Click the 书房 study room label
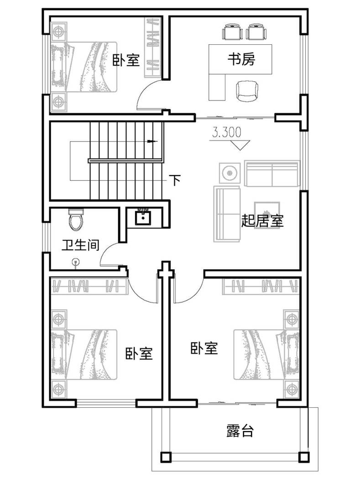pos(241,58)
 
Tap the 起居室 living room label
pos(262,221)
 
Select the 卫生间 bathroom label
pos(80,245)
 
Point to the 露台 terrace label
pos(240,431)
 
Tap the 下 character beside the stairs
pos(175,179)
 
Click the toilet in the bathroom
pos(76,220)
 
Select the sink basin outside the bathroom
pos(143,217)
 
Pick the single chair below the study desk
pos(247,91)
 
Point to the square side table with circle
pos(230,173)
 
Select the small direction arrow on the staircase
pos(152,142)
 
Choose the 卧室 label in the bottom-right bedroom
pos(204,348)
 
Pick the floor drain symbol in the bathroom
pos(76,263)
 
